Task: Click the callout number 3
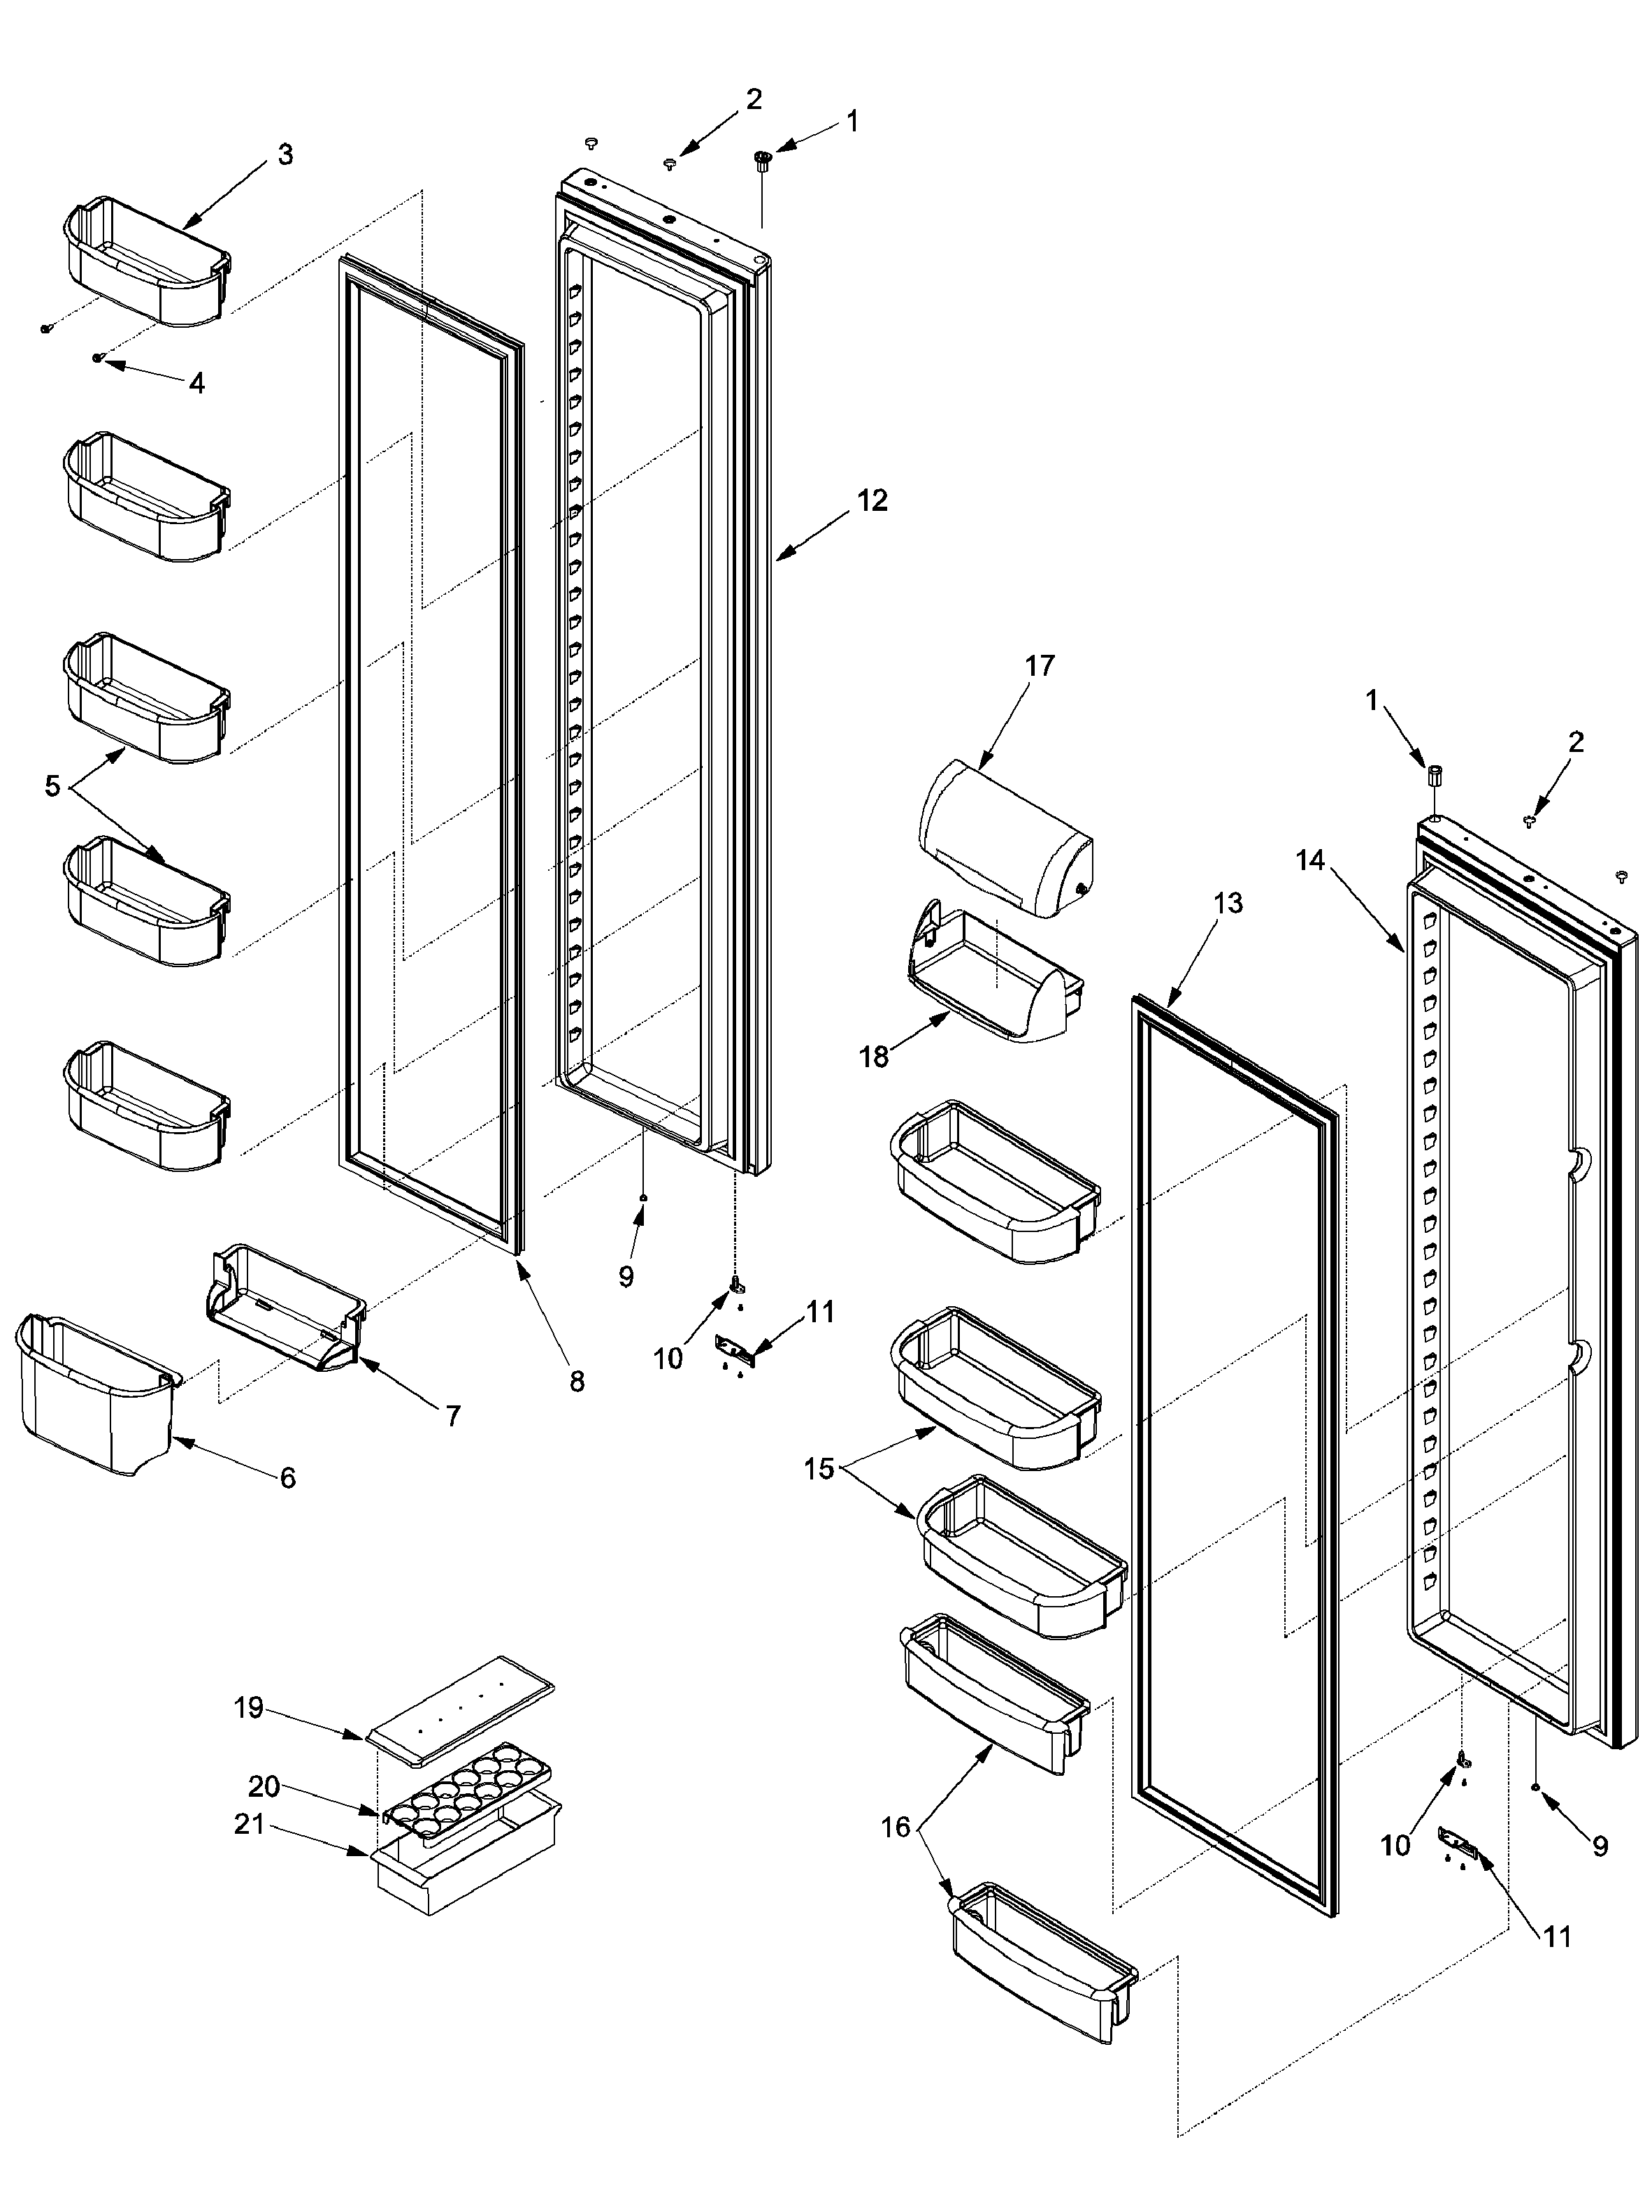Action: [x=285, y=154]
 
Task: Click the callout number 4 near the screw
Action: [x=196, y=383]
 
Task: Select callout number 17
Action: [x=1039, y=665]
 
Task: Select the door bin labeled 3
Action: [x=147, y=262]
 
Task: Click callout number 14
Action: [x=1310, y=860]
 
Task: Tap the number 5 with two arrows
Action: [x=52, y=786]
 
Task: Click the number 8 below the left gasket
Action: [x=576, y=1380]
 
